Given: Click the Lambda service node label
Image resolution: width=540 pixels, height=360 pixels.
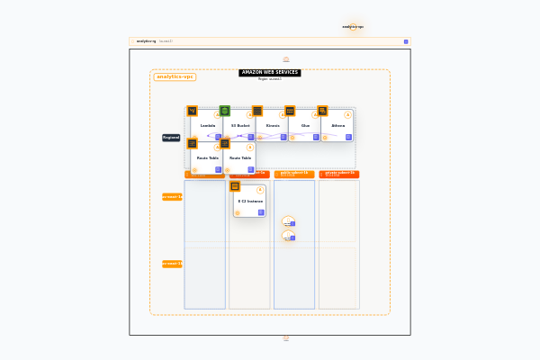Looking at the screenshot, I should tap(207, 126).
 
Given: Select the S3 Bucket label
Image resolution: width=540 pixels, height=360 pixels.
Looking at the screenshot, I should tap(240, 126).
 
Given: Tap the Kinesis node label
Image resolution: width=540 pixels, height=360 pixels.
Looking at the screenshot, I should tap(273, 126).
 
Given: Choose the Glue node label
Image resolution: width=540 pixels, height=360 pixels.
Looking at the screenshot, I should tap(306, 126).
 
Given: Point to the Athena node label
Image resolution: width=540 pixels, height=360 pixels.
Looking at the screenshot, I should tap(338, 126).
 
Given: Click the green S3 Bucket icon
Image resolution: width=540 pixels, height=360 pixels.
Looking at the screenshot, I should tap(225, 111).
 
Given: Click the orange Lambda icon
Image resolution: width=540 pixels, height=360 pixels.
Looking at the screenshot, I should tap(192, 111).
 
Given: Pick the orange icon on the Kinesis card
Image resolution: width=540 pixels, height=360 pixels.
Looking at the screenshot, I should tap(257, 111).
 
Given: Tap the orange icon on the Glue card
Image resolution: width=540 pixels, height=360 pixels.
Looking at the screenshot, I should tap(290, 111).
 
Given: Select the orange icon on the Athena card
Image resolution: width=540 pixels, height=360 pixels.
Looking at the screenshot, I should tap(322, 111).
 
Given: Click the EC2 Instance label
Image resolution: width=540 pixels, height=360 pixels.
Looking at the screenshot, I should tap(250, 202).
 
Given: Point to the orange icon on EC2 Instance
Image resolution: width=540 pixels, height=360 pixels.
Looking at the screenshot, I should tap(235, 186).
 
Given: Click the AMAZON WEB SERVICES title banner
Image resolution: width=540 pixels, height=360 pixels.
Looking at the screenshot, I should tap(270, 72).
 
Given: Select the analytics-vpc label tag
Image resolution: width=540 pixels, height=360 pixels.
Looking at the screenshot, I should tap(175, 76).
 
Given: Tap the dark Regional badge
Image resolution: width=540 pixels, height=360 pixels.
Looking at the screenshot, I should tap(171, 138).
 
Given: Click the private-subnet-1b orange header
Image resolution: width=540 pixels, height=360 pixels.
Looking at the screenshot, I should tap(339, 174).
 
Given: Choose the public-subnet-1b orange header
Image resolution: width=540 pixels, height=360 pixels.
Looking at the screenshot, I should tap(294, 174).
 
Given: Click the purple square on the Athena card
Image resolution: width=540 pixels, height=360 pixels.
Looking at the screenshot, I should tap(349, 137).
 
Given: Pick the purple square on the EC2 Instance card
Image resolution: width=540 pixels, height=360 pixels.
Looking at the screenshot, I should tap(262, 212).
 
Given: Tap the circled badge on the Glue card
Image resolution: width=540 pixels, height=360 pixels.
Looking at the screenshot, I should tap(315, 114).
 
